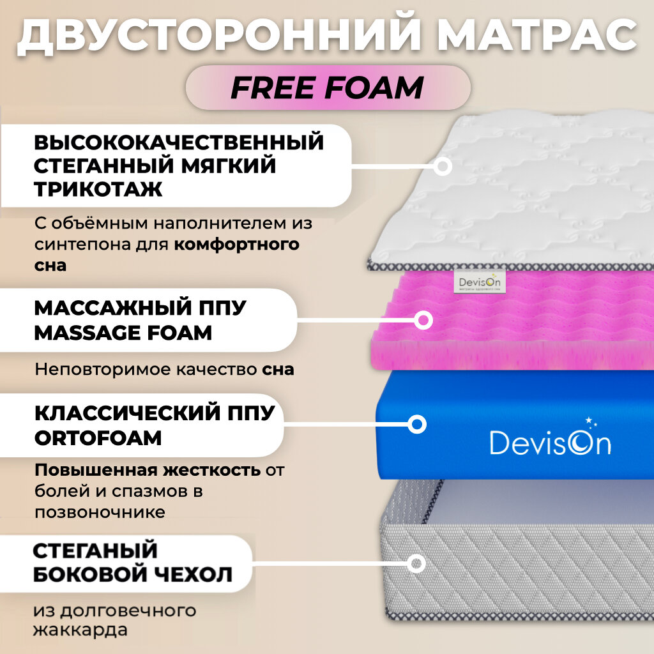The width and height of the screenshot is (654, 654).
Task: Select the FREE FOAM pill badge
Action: tap(328, 87)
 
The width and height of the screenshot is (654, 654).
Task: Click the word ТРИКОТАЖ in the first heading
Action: tap(98, 189)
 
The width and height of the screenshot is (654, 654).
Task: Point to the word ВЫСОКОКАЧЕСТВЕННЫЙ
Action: tap(179, 142)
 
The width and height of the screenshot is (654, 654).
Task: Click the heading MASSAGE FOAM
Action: tap(123, 333)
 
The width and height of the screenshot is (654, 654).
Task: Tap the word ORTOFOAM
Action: tap(98, 438)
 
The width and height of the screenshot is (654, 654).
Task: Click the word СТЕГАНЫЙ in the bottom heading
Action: tap(95, 550)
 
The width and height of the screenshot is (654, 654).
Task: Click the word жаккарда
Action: tap(80, 630)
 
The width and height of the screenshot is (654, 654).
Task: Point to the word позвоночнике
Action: tap(100, 512)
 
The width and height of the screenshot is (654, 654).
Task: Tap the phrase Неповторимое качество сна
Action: tap(164, 369)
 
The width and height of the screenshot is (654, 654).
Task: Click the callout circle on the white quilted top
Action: tap(443, 167)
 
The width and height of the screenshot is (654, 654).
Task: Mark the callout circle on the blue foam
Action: tap(417, 424)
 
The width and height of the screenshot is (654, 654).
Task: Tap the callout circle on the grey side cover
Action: tap(416, 563)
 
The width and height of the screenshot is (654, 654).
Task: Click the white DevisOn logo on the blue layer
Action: tap(550, 441)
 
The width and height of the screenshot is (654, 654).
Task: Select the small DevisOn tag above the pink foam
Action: tap(479, 282)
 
